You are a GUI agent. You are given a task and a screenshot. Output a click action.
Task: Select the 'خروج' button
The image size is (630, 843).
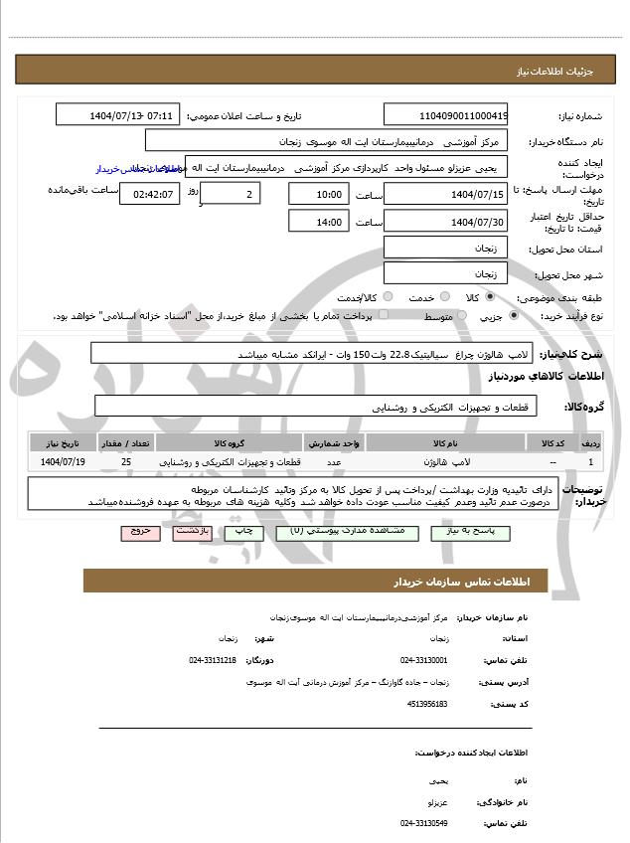pos(140,533)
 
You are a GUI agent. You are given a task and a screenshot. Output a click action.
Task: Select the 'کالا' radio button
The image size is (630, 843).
pos(490,297)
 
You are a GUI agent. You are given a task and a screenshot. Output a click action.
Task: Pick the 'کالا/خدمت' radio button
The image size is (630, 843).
pos(388,297)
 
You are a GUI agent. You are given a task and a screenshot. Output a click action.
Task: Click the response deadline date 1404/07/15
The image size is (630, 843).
pos(445,194)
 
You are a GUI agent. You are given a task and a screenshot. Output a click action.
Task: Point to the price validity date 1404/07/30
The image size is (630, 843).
pos(445,222)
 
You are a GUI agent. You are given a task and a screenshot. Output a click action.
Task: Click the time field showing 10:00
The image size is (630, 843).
pos(319,194)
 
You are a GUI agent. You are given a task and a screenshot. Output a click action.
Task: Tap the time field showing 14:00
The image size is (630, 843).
pos(319,222)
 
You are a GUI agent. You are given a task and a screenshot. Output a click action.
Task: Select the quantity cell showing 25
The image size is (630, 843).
pos(125,462)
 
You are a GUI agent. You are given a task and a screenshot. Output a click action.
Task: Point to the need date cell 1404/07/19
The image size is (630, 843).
pos(64,462)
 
